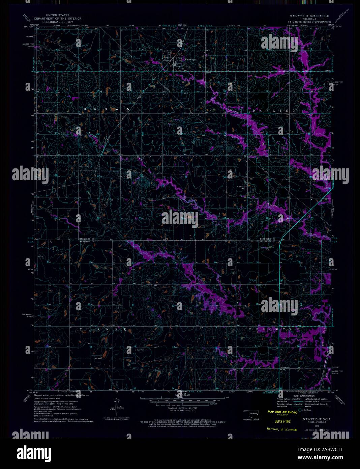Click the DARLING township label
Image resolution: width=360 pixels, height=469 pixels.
pos(274,110)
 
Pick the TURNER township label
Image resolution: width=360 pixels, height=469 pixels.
pos(103,329)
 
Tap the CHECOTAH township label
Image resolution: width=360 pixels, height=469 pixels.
pos(274,329)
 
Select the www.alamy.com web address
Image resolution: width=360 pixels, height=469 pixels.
pos(324,458)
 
